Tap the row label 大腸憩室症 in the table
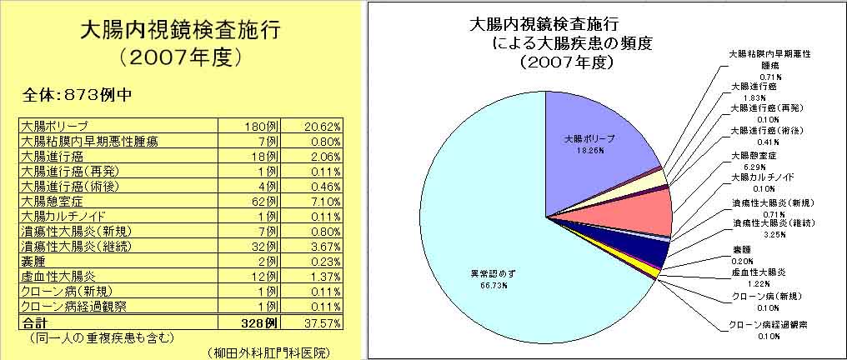tap(52, 203)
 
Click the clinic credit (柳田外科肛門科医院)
tap(266, 352)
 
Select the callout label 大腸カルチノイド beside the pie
tap(762, 177)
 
